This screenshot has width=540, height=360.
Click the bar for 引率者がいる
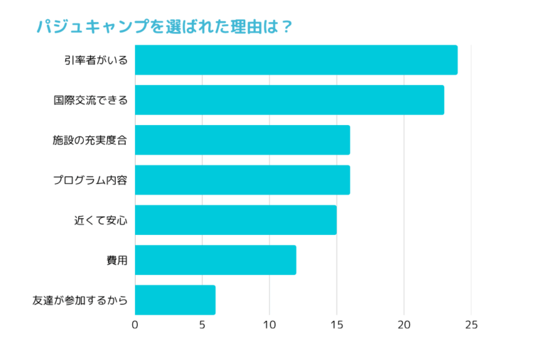[x=296, y=60]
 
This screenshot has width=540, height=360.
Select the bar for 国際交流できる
[x=289, y=100]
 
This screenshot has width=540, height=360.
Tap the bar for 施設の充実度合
[x=242, y=140]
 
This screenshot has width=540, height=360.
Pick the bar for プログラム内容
[x=242, y=180]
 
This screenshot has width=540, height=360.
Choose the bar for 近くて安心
[x=235, y=220]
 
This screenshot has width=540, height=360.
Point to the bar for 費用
[x=215, y=260]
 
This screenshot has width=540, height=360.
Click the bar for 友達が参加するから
[x=175, y=300]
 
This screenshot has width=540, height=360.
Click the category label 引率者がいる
[x=95, y=60]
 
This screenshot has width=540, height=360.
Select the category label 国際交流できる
[x=90, y=100]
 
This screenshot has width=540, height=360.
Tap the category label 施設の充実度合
[x=90, y=140]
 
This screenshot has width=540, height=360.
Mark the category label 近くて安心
[x=100, y=220]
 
